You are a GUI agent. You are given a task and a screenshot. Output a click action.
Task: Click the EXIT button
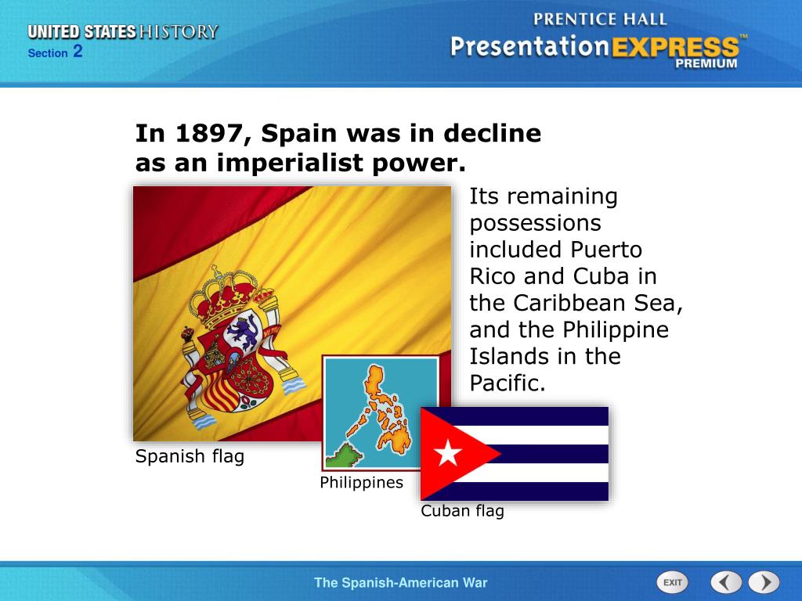pos(671,582)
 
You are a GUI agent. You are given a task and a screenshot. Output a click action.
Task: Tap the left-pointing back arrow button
pos(726,582)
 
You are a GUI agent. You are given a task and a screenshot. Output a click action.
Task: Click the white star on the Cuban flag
pos(448,452)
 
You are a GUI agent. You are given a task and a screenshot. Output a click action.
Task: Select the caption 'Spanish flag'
pos(190,456)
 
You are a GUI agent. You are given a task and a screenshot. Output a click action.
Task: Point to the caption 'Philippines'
pos(361,483)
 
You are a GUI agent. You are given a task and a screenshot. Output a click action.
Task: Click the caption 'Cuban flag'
pos(462,511)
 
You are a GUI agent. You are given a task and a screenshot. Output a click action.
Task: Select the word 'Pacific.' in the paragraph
pos(507,383)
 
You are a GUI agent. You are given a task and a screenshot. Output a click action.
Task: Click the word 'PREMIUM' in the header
pos(706,64)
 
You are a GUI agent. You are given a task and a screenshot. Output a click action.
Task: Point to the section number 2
pos(78,52)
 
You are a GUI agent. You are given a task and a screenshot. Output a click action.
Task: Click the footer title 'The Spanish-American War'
pos(400,582)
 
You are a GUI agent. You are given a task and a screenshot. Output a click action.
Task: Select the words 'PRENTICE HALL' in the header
pos(599,19)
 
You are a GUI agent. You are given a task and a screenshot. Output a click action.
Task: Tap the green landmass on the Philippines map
pos(341,456)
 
